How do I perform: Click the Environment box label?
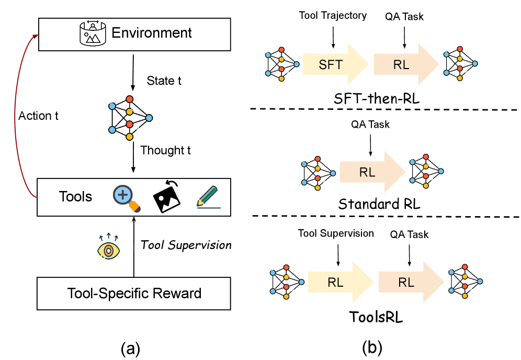[152, 33]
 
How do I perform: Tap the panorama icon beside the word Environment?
[92, 32]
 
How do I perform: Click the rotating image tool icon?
[167, 197]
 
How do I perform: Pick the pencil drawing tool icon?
[208, 197]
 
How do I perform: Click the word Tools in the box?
[75, 197]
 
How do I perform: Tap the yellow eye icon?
[109, 250]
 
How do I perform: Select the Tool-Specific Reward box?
[134, 293]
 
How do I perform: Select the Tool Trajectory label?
[333, 16]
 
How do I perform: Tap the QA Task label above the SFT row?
[404, 16]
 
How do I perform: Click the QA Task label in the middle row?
[370, 125]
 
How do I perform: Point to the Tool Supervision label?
[338, 233]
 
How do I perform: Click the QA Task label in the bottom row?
[409, 234]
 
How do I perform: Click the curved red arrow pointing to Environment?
[16, 115]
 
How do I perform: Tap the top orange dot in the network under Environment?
[129, 99]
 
